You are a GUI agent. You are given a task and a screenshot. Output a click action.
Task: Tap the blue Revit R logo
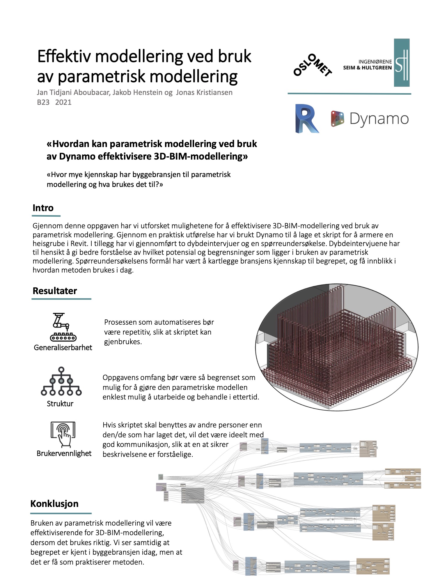point(307,119)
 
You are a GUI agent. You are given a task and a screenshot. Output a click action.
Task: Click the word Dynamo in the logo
point(379,119)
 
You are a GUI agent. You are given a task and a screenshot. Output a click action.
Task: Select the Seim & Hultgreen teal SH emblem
point(402,63)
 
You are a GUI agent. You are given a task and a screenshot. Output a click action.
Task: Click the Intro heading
point(43,208)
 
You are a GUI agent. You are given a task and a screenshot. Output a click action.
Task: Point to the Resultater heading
point(55,291)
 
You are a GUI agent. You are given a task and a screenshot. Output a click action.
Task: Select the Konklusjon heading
point(54,504)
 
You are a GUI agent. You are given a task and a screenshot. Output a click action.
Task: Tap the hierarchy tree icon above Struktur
point(61,381)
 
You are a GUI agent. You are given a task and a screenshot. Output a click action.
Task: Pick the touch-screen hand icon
point(63,434)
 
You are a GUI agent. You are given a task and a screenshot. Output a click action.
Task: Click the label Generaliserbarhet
point(63,347)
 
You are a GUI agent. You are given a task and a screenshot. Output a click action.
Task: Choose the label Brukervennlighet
point(64,453)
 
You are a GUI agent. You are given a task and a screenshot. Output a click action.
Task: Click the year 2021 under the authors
point(63,102)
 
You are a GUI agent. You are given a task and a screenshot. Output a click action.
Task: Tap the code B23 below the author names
point(43,102)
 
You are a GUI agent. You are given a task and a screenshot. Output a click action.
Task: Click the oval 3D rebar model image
point(337,347)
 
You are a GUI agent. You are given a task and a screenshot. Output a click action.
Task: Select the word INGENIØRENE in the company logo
point(375,62)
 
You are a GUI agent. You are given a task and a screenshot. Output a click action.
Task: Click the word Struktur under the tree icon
point(60,404)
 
